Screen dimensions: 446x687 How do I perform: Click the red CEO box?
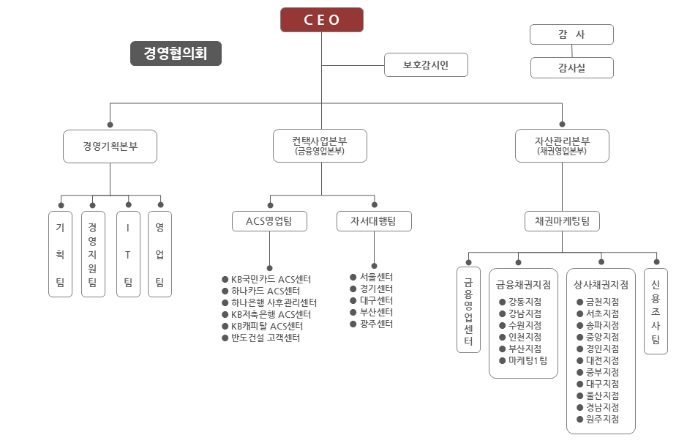click(322, 20)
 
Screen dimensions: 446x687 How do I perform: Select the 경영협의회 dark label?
click(176, 53)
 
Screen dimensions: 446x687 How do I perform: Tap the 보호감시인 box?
click(426, 65)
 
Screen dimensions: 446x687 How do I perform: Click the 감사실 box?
click(572, 68)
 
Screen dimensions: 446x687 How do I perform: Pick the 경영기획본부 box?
click(110, 146)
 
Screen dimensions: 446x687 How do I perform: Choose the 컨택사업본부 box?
click(320, 146)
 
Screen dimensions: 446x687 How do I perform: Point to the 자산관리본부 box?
click(562, 146)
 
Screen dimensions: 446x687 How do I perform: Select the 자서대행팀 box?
click(374, 220)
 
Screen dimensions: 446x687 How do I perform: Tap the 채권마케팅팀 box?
click(562, 220)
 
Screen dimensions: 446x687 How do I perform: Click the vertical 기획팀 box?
click(61, 254)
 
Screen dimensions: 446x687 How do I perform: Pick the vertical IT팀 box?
click(128, 254)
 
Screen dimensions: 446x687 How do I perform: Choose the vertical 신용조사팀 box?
click(656, 311)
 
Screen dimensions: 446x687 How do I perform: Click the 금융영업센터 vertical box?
click(468, 311)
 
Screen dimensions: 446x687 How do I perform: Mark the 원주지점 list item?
click(602, 420)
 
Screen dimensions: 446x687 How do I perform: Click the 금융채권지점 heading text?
click(523, 284)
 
